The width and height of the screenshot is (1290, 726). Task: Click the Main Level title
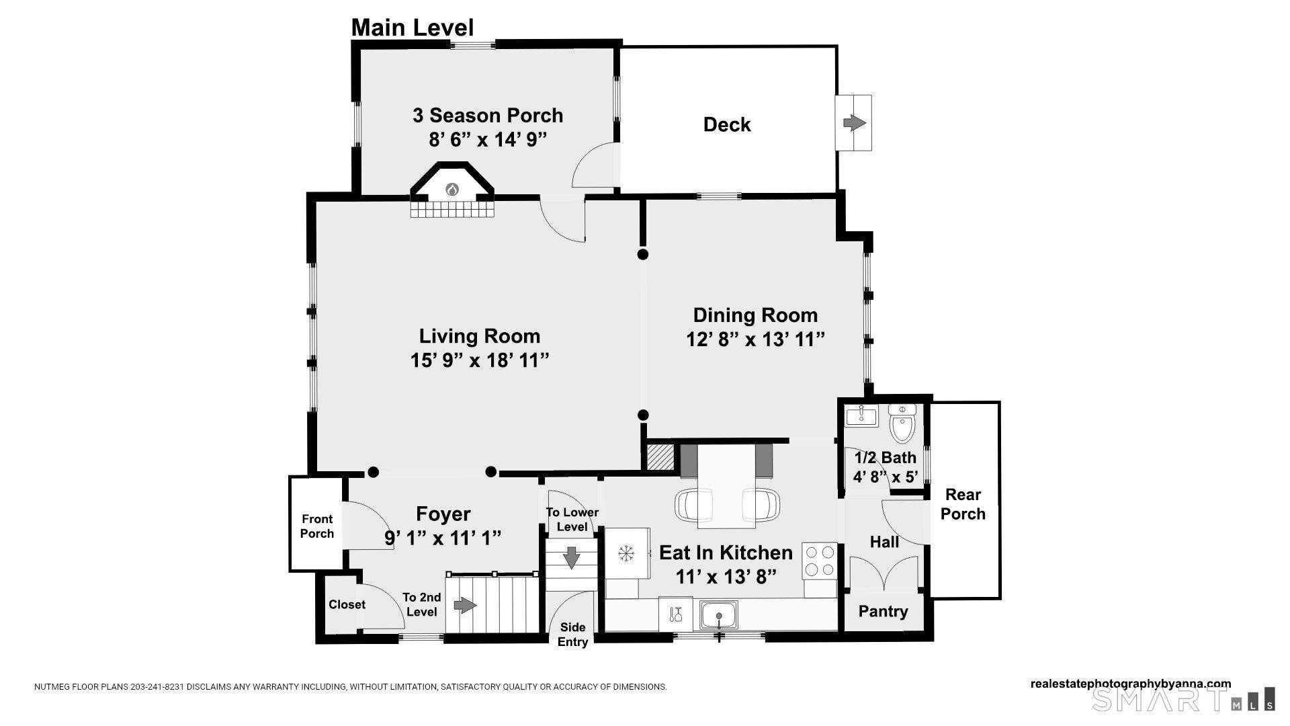point(412,28)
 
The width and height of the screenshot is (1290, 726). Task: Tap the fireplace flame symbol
point(451,190)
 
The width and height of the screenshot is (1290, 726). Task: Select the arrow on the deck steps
point(854,123)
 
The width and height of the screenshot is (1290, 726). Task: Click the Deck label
point(726,124)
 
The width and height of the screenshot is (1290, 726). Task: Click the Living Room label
point(479,336)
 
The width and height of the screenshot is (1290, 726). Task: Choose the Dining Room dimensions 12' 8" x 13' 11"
point(755,339)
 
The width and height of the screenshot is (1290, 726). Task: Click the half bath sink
point(861,415)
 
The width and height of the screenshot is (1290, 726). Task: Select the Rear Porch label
point(963,504)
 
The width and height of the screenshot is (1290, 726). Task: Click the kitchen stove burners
point(820,561)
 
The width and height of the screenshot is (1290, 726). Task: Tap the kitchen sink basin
point(719,615)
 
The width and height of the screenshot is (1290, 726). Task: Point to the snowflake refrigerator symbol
point(626,554)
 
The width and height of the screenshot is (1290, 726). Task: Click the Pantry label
point(883,612)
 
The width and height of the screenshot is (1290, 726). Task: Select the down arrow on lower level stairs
point(571,557)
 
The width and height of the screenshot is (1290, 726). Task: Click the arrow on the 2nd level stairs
point(465,606)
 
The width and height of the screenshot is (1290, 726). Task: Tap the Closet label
point(347,604)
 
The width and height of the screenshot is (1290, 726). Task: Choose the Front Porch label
point(316,526)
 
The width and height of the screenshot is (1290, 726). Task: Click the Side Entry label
point(572,635)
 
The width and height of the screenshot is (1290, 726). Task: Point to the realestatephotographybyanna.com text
point(1130,684)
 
